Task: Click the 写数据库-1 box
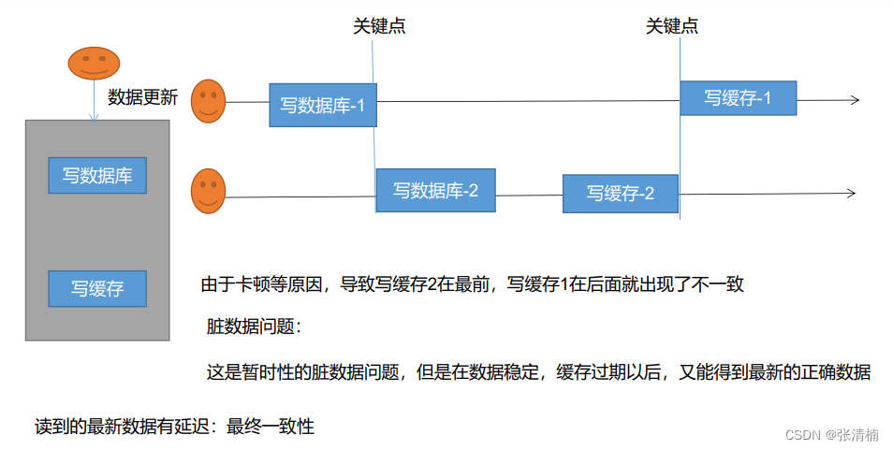(x=323, y=105)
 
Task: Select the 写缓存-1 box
(x=738, y=98)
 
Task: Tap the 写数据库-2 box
(x=435, y=190)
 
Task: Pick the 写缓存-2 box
(x=620, y=194)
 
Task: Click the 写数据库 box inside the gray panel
(x=97, y=175)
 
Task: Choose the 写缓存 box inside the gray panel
(x=97, y=288)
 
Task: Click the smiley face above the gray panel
(x=94, y=64)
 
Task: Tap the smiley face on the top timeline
(x=209, y=101)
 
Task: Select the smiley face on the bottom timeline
(x=209, y=190)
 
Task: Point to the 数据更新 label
(x=142, y=96)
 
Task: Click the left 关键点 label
(x=379, y=27)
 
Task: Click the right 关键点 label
(x=672, y=27)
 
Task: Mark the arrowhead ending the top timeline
(x=854, y=100)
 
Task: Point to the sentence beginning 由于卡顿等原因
(x=472, y=284)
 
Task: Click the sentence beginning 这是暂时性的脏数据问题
(x=538, y=371)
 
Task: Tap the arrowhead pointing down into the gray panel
(x=94, y=117)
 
